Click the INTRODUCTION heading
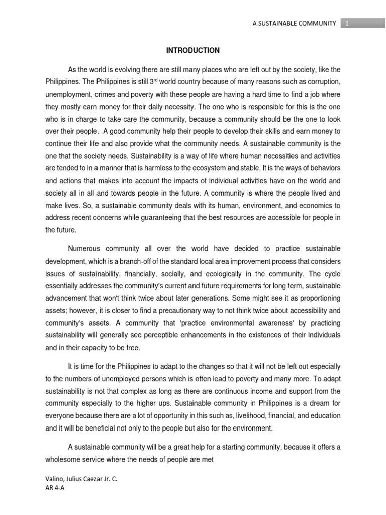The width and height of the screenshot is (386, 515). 193,50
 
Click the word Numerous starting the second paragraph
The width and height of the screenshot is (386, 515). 85,249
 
